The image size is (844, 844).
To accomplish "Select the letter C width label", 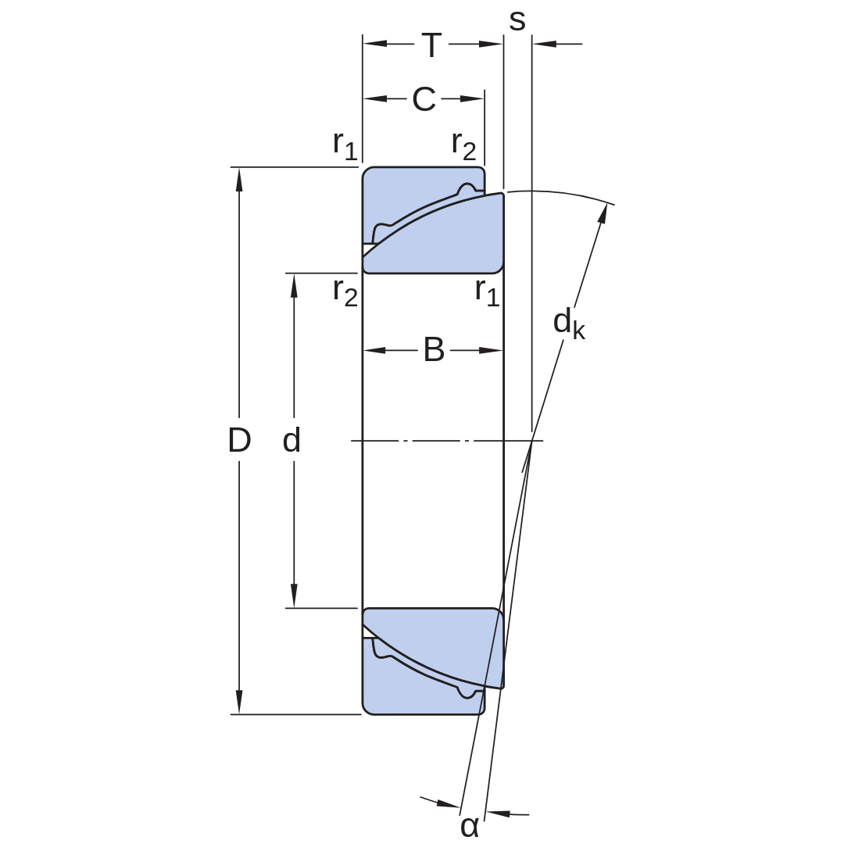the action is point(424,99).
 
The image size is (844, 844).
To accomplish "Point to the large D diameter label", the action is point(240,440).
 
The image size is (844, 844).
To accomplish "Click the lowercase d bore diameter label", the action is point(291,440).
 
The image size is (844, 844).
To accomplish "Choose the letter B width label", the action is point(434,350).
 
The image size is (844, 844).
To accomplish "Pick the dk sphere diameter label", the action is point(569,324).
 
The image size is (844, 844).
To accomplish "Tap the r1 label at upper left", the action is point(345,145).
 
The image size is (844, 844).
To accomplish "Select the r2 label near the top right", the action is point(463,145).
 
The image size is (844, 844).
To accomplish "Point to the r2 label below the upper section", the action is point(345,292).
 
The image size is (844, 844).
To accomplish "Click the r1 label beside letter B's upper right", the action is point(487,292).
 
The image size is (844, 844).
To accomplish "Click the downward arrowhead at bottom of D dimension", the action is point(240,703).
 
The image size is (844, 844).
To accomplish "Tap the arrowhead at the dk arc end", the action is point(603,214).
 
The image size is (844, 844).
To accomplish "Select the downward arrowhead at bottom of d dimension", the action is point(294,596).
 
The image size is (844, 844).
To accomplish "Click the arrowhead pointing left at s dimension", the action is point(544,44).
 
